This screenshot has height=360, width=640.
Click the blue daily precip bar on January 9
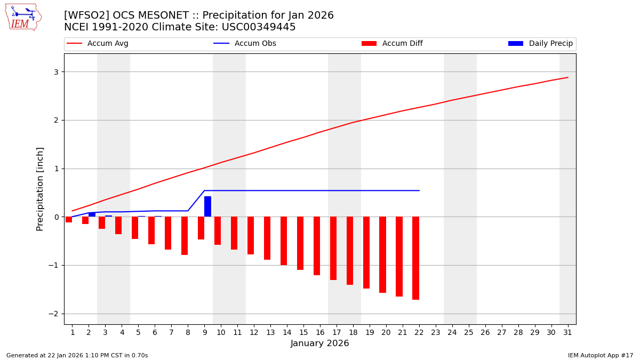coord(207,206)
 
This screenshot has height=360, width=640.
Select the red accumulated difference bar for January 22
coord(415,258)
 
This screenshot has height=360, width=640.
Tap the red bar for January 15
coord(300,243)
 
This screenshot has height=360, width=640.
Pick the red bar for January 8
coord(185,236)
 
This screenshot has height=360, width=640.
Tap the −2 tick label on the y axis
coord(54,314)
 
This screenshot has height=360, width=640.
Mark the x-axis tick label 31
coord(567,333)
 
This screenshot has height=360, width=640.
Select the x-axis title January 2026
coord(320,343)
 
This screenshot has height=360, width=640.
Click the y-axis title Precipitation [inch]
coord(40,189)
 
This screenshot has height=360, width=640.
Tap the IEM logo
coord(23,17)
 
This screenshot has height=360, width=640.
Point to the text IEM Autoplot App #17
coord(600,355)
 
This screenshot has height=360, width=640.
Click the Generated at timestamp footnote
coord(77,355)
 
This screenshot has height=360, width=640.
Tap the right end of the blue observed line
coord(419,190)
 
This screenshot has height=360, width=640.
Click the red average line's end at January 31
coord(567,77)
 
